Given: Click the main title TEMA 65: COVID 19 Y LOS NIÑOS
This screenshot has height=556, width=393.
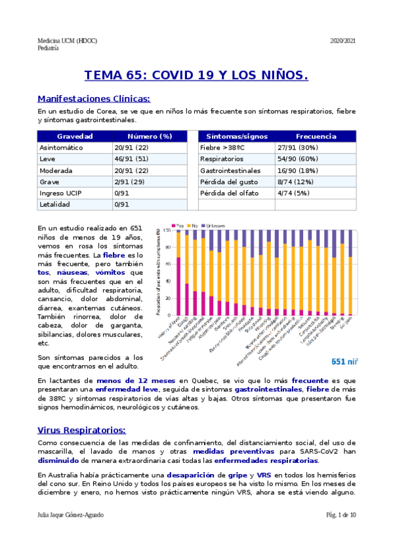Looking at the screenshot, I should coord(196,76).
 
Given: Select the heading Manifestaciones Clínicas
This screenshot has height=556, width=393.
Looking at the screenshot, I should coord(94,99).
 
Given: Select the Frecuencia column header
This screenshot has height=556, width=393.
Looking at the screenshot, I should coord(316,136).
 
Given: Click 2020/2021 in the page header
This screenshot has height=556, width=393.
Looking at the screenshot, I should coord(343,41).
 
